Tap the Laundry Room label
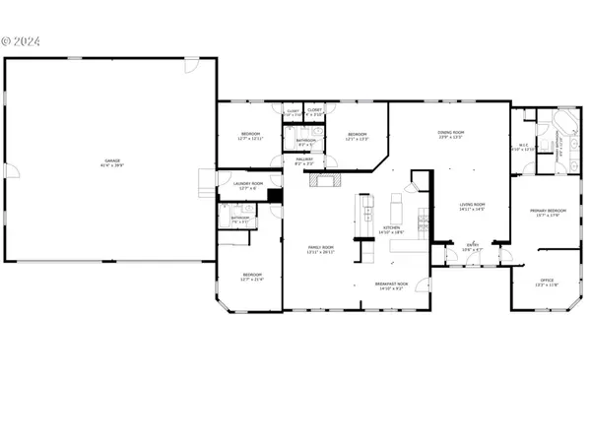pos(248,185)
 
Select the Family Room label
pos(322,249)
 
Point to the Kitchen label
pos(392,229)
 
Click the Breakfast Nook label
pos(392,285)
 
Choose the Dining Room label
pos(451,134)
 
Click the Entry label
pos(473,248)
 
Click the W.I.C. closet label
pos(524,148)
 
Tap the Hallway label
pos(303,161)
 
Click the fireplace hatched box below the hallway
pos(324,179)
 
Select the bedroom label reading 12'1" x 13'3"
pos(357,136)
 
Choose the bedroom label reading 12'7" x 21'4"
pos(252,277)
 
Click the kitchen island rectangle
pos(398,210)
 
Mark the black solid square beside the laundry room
pos(276,195)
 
